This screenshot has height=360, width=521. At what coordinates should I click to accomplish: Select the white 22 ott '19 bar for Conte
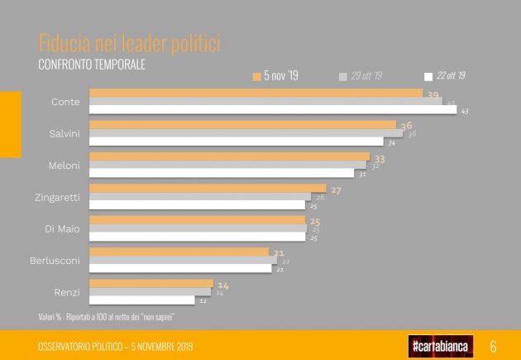273,110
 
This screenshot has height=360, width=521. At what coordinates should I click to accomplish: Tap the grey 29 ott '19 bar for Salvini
246,132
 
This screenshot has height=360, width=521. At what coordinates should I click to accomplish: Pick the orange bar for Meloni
229,156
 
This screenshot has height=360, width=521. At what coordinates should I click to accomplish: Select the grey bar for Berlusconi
183,260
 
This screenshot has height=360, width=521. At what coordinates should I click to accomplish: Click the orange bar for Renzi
151,283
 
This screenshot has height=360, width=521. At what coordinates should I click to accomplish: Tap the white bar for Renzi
141,300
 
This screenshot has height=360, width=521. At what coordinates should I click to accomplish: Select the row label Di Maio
63,228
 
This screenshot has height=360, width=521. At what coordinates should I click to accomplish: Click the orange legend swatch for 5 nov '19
256,76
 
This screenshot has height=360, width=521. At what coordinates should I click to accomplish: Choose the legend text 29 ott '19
366,76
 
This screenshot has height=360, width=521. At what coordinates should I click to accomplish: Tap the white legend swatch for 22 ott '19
428,76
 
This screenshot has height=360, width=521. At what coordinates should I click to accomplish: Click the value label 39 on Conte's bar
433,94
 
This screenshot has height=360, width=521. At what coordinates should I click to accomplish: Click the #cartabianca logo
441,345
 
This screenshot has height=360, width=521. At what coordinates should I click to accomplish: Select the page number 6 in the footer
494,345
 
